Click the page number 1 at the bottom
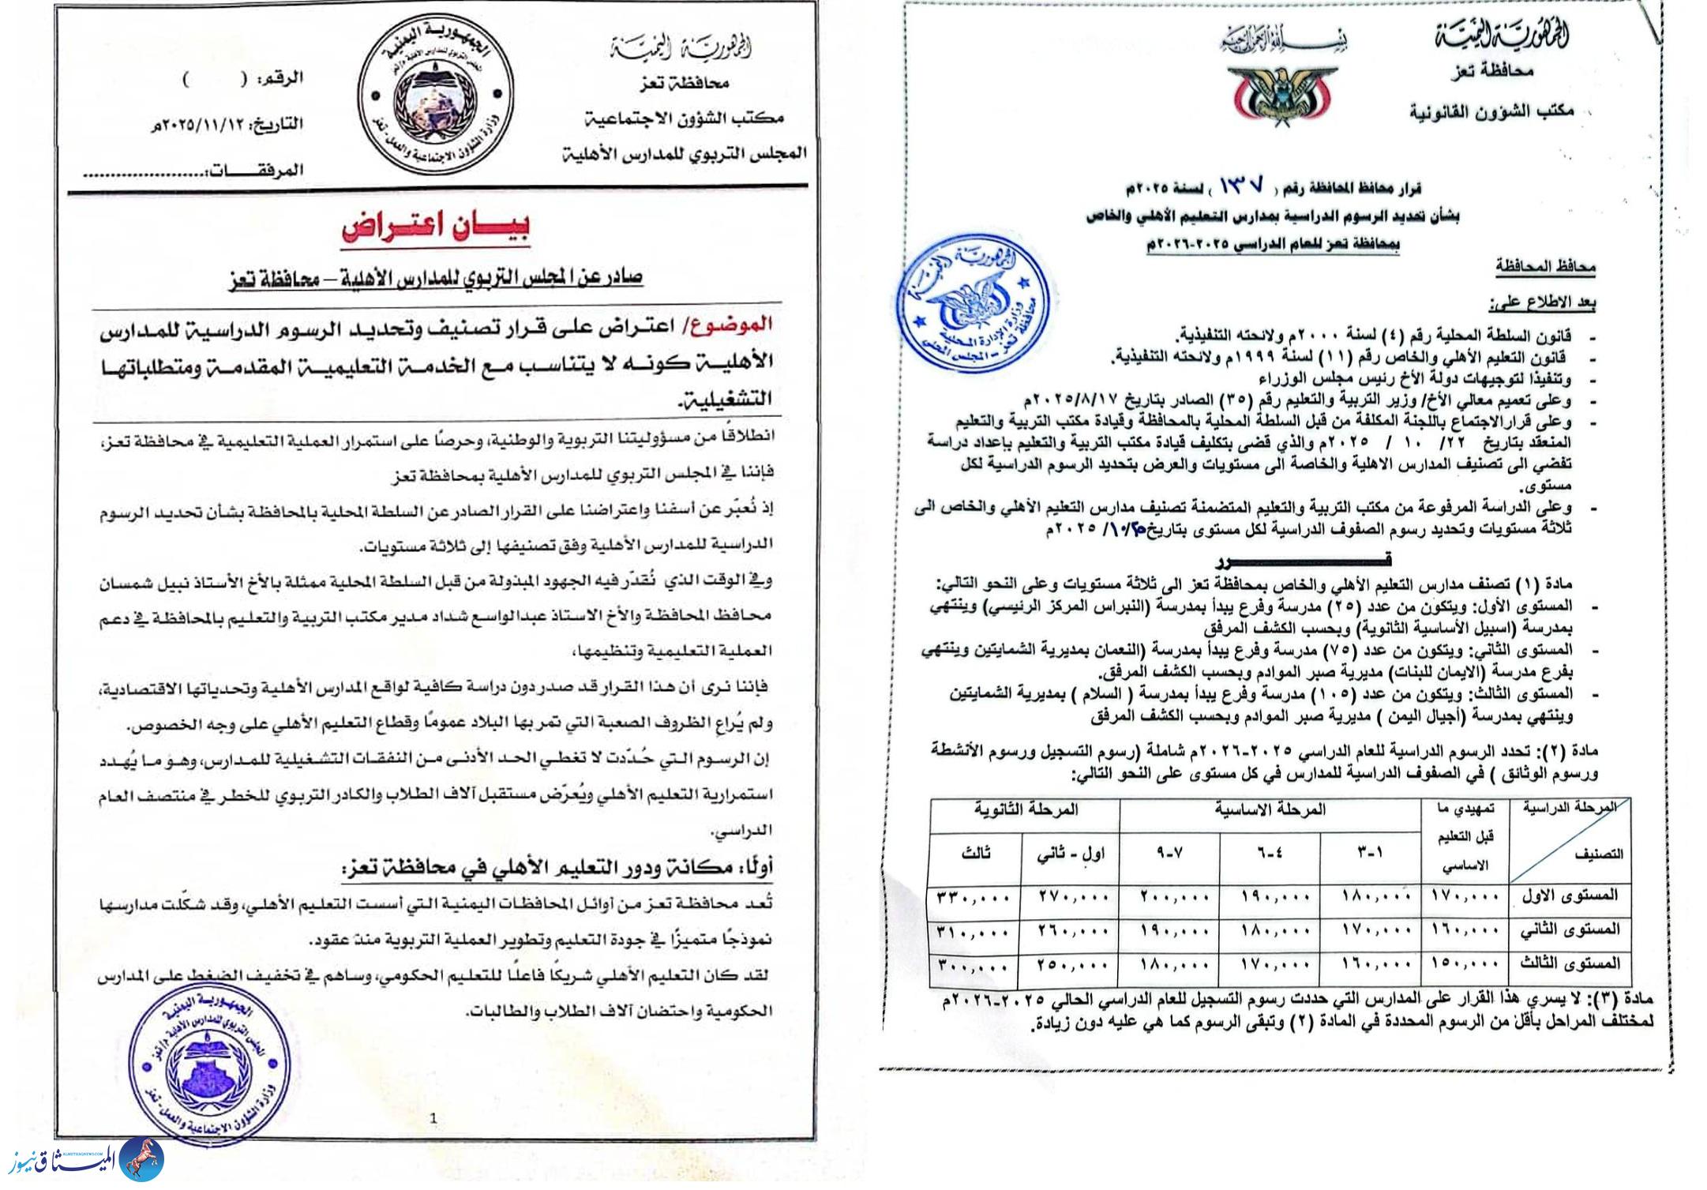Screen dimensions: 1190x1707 (x=433, y=1117)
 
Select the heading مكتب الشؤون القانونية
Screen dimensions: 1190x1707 (x=1492, y=111)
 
